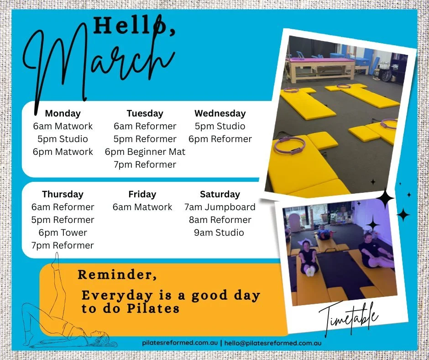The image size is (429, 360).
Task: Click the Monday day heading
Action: [x=63, y=113]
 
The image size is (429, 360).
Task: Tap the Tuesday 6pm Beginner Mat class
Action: [x=145, y=152]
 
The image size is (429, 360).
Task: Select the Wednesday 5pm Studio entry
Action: [x=220, y=126]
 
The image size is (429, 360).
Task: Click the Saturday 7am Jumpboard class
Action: [x=220, y=207]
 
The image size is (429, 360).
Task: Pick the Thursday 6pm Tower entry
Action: [x=63, y=233]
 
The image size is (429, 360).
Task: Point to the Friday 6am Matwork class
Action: [x=142, y=207]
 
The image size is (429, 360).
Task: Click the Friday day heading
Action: [x=142, y=194]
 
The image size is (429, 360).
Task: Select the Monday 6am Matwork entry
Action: [x=63, y=126]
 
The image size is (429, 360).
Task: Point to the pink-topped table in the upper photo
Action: [x=320, y=62]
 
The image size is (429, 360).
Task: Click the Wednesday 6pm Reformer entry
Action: [x=220, y=139]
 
